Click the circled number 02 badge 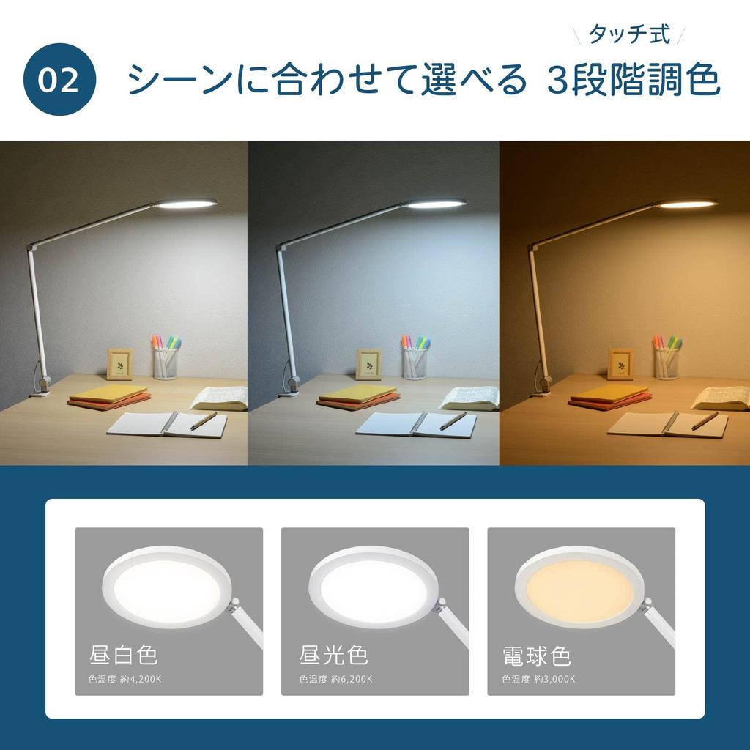pyautogui.click(x=59, y=80)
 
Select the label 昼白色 pyautogui.click(x=123, y=654)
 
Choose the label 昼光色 pyautogui.click(x=334, y=654)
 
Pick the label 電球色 pyautogui.click(x=537, y=654)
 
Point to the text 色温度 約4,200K pyautogui.click(x=125, y=679)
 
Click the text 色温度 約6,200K pyautogui.click(x=335, y=679)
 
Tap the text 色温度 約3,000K pyautogui.click(x=538, y=679)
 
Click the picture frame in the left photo pyautogui.click(x=119, y=364)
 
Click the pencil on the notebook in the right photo pyautogui.click(x=705, y=420)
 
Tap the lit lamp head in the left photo pyautogui.click(x=187, y=202)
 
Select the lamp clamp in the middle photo pyautogui.click(x=293, y=385)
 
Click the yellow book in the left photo pyautogui.click(x=108, y=395)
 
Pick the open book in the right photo pyautogui.click(x=721, y=398)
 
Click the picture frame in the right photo pyautogui.click(x=620, y=364)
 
